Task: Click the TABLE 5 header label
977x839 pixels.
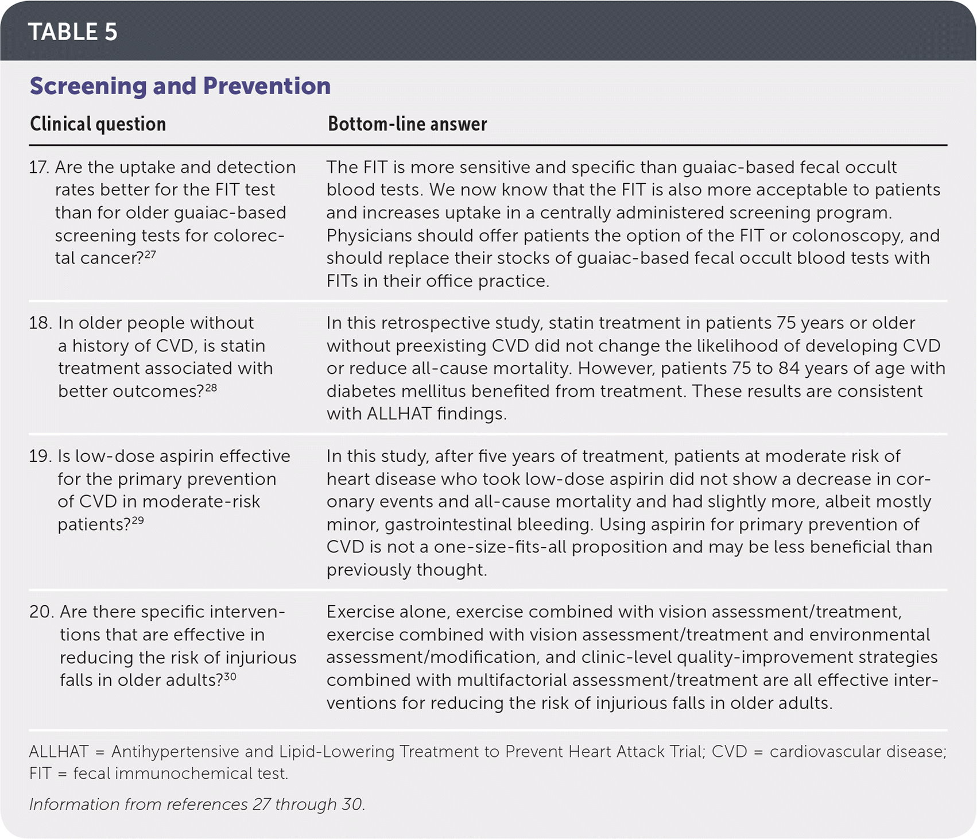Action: tap(73, 32)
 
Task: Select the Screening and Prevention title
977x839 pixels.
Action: tap(180, 86)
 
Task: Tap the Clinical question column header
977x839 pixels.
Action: tap(98, 124)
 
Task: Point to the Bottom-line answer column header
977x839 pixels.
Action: tap(407, 124)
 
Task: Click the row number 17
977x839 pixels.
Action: tap(38, 167)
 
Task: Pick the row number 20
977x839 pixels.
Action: tap(41, 612)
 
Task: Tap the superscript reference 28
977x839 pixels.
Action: tap(211, 388)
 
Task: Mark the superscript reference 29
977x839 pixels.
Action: tap(137, 521)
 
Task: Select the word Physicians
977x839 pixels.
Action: tap(369, 235)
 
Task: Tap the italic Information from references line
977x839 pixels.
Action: tap(196, 804)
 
